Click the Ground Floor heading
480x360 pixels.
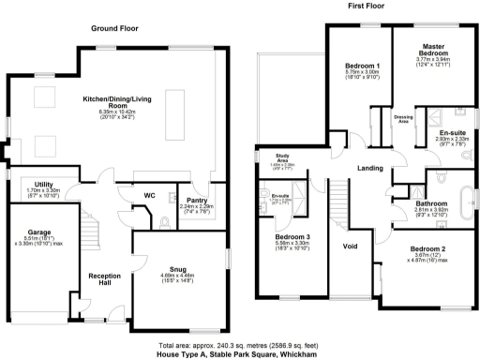tap(114, 29)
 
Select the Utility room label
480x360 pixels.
tap(43, 185)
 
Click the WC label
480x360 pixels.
tap(149, 195)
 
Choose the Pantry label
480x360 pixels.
tap(197, 200)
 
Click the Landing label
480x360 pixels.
tap(369, 168)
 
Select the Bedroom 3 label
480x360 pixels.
tap(292, 237)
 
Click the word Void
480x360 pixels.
tap(351, 247)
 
